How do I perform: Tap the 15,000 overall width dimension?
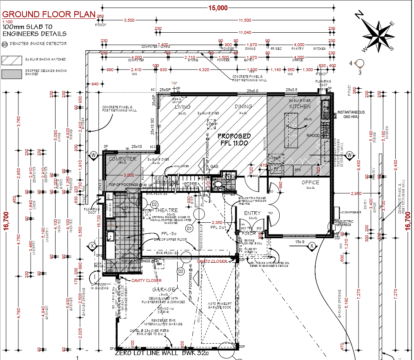coord(218,8)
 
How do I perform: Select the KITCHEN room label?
coord(300,106)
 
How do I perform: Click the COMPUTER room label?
coord(122,159)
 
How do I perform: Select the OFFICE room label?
coord(310,182)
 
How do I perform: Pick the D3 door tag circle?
coord(180,271)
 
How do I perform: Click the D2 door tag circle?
coord(154,204)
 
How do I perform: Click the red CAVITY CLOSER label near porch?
coord(212,262)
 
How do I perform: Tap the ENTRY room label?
coord(252,213)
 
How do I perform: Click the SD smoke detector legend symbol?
coord(5,43)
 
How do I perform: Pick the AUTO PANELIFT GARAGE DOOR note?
coord(220,305)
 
